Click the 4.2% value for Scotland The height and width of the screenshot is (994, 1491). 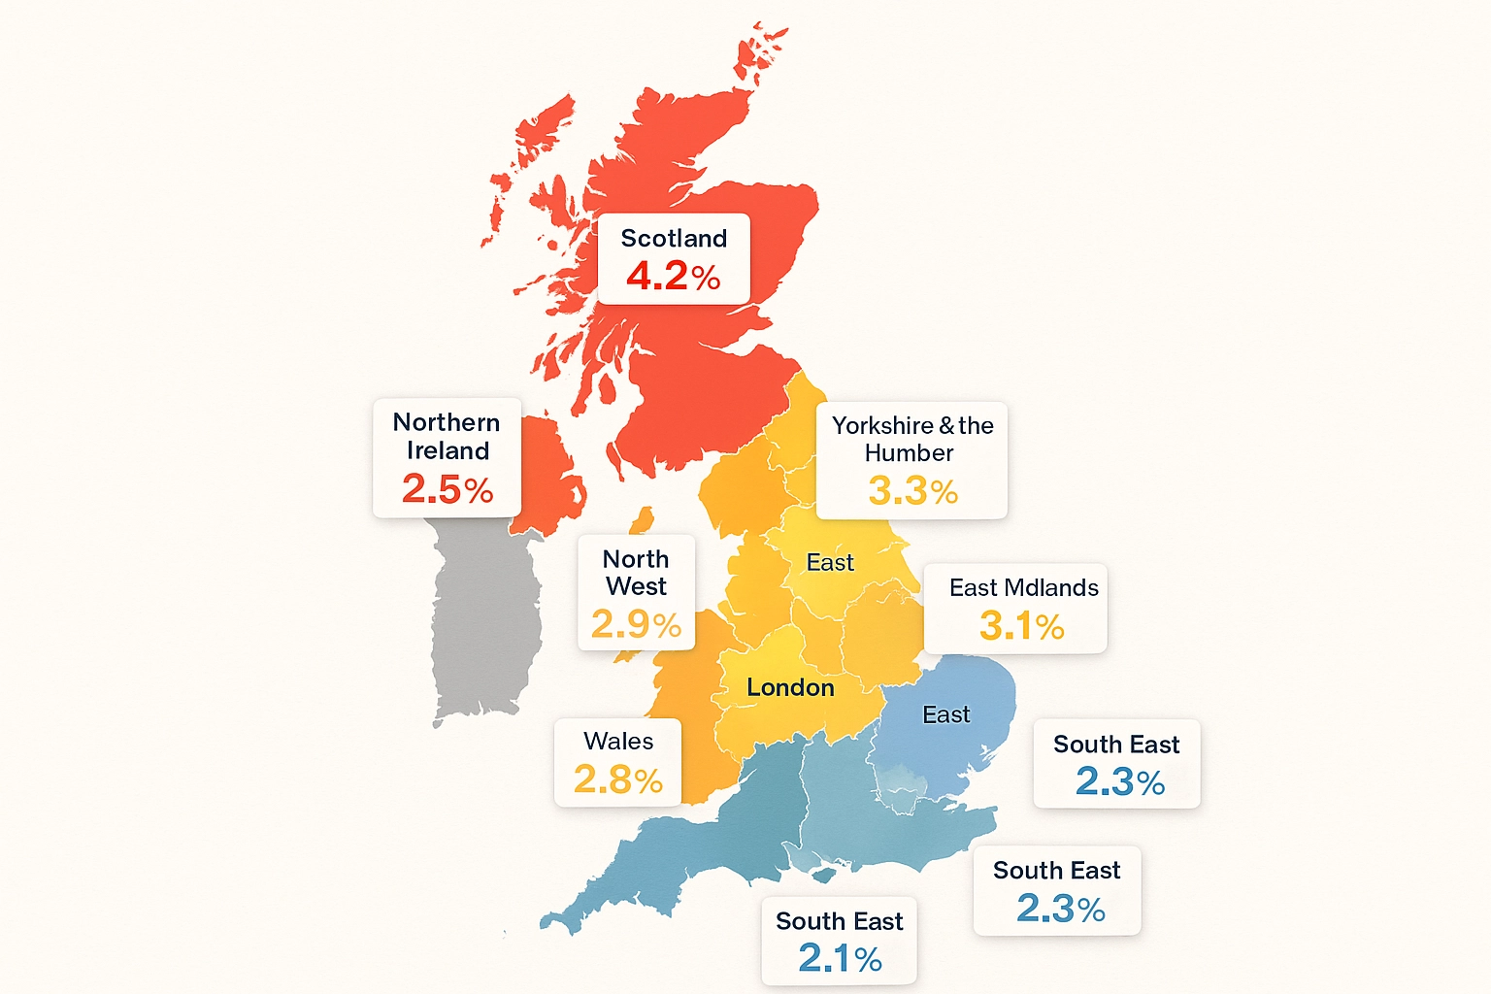tap(673, 277)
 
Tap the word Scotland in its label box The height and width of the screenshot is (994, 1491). tap(674, 239)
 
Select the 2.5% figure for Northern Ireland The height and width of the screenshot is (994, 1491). tap(447, 489)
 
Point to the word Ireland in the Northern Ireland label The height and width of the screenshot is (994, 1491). tap(447, 451)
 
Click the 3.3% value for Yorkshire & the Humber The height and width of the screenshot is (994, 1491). tap(912, 491)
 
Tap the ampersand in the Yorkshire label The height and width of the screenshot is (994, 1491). tap(946, 426)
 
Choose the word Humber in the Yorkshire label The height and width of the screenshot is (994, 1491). tap(909, 453)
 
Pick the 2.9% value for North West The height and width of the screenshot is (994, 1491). tap(636, 624)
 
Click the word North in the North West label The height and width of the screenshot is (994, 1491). tap(636, 560)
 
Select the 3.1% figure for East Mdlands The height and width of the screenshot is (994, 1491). tap(1021, 626)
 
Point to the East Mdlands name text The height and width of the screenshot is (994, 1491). tap(1023, 588)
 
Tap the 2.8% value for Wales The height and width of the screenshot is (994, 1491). tap(617, 779)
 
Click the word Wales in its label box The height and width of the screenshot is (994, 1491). tap(618, 742)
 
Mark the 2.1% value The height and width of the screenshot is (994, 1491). tap(840, 959)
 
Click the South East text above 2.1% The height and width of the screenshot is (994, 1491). tap(840, 921)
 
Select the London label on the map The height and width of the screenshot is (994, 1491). tap(790, 688)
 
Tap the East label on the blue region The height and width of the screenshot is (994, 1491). tap(945, 715)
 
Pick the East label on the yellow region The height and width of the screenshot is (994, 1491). tap(830, 563)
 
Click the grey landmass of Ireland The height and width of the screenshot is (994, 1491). tap(483, 621)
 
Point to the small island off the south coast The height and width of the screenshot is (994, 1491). tap(823, 876)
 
